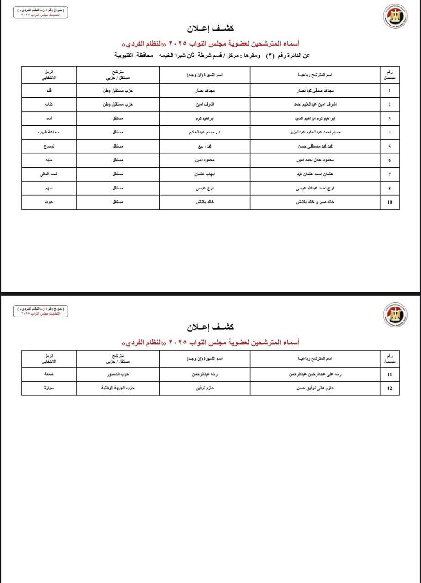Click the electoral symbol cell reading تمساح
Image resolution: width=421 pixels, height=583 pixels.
(x=49, y=146)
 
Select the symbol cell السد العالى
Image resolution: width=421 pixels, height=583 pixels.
(x=49, y=174)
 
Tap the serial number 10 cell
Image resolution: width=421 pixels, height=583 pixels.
(x=390, y=202)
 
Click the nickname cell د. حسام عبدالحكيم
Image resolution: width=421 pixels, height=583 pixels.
(x=205, y=132)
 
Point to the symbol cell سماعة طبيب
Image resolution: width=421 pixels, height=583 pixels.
(x=49, y=132)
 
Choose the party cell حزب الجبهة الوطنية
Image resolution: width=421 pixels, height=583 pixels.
(x=118, y=388)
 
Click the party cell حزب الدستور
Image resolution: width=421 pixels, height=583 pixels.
(x=118, y=374)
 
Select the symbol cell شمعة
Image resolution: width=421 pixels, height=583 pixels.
(x=49, y=374)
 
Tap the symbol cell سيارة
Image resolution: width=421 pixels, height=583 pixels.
(x=49, y=388)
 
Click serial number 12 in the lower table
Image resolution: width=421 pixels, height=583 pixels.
(x=390, y=388)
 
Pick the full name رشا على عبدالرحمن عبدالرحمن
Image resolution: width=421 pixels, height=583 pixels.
(x=316, y=374)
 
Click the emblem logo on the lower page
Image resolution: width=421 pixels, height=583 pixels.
(x=395, y=314)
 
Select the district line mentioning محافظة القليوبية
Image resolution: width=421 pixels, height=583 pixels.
(x=212, y=55)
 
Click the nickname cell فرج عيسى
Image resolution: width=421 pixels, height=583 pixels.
(x=205, y=188)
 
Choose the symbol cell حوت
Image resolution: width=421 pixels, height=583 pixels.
(x=49, y=202)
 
